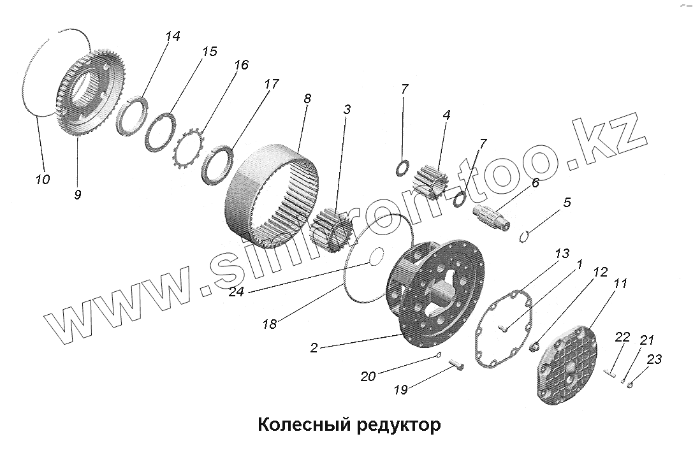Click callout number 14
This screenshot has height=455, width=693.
click(172, 37)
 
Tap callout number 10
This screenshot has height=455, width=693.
click(42, 180)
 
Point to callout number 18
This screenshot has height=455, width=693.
click(269, 324)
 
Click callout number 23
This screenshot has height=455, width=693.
click(653, 360)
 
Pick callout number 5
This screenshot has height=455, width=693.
click(566, 203)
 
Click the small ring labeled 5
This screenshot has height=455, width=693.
click(525, 236)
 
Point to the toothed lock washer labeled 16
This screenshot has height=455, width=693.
click(189, 149)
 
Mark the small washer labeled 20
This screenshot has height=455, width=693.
click(438, 355)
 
